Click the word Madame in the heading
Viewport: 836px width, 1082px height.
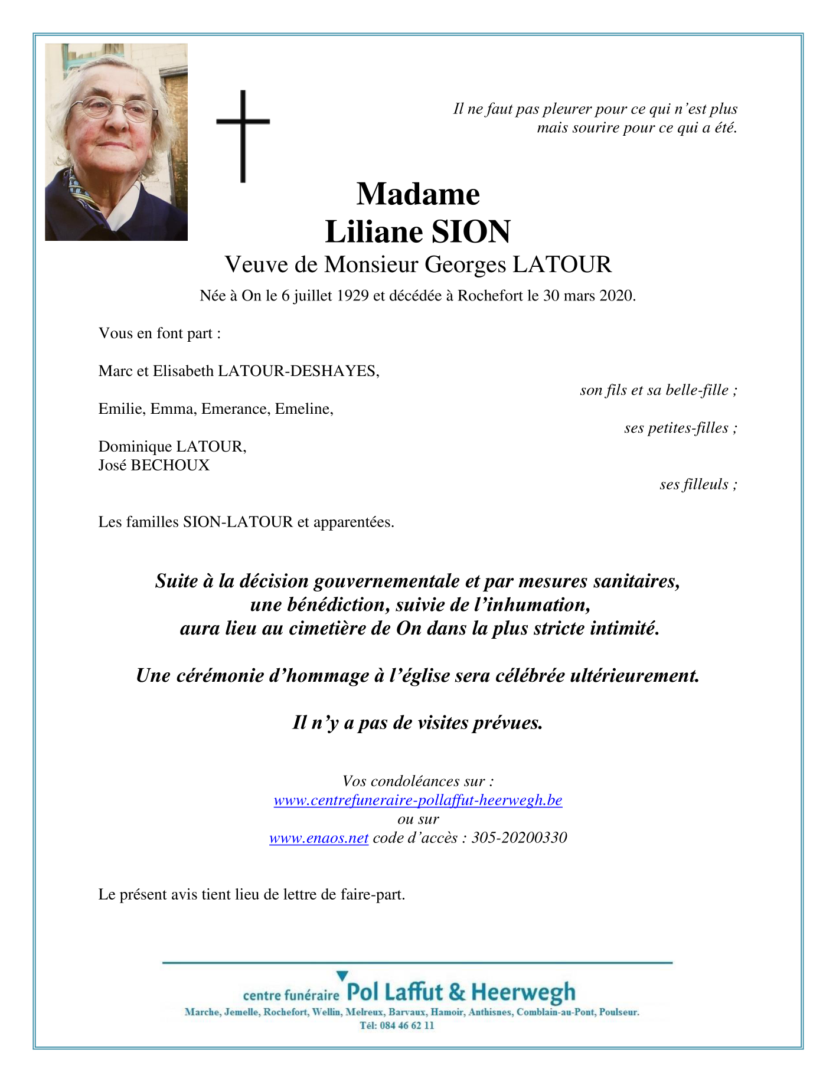[418, 194]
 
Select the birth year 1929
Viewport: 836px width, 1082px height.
[352, 296]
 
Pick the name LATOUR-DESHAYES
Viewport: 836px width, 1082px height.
[298, 371]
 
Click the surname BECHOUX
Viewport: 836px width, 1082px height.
[170, 466]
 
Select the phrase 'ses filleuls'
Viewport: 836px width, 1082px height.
[694, 485]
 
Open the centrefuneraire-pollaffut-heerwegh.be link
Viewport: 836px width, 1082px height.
[418, 800]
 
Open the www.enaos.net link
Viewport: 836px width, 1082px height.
[319, 838]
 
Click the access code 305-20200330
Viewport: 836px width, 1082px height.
[520, 838]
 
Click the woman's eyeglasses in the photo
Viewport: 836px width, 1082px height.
[112, 109]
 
